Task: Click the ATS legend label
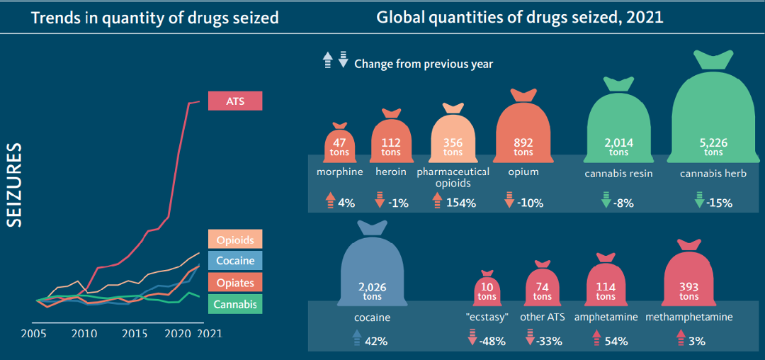(x=235, y=101)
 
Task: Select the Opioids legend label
(x=235, y=240)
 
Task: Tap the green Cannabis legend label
(x=235, y=304)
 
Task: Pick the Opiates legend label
(x=235, y=282)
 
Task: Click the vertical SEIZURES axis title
(x=16, y=186)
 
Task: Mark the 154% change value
(x=460, y=203)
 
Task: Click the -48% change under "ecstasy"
(x=492, y=342)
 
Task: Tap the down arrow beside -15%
(x=698, y=201)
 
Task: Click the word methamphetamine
(x=689, y=317)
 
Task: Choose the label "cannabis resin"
(x=618, y=174)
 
